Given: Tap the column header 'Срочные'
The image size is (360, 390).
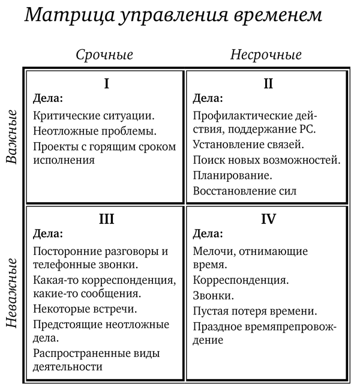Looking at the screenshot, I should pos(104,55).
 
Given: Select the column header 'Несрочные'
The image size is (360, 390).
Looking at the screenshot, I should pos(266,55).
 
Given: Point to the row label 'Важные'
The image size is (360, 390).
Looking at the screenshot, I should pos(11,136).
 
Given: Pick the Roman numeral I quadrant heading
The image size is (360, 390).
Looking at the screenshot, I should pos(106,83).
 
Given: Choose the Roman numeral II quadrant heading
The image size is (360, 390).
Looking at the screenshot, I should pos(268,83).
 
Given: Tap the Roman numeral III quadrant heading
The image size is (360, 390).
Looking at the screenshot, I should pos(106,219).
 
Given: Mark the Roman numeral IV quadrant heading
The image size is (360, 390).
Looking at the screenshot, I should pos(268,219).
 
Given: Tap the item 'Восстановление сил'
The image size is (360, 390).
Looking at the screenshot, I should pos(245,191).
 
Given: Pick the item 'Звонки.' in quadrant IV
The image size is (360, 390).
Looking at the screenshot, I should pos(214,296).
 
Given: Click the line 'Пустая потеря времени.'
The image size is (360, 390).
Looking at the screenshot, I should pos(254,311).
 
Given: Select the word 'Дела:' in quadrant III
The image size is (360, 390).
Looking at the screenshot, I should pos(47,233).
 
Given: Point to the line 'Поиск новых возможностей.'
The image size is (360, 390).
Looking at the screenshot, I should pos(267,160).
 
